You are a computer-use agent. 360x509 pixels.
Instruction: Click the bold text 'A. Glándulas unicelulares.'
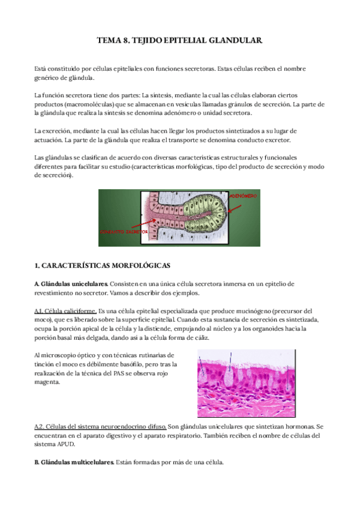point(71,283)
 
